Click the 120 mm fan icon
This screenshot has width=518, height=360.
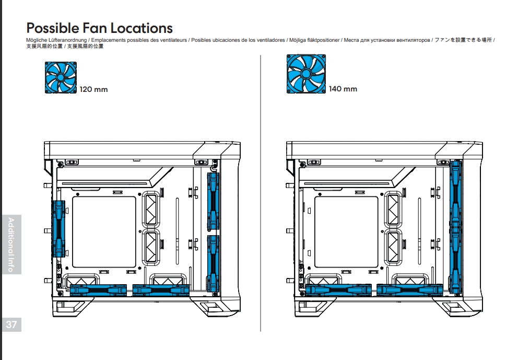tap(61, 77)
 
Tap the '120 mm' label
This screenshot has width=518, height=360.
tap(93, 89)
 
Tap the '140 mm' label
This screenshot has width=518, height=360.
tap(343, 89)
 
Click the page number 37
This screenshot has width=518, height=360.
tap(11, 324)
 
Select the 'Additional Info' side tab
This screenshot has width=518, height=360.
tap(11, 244)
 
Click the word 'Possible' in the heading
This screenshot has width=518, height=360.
tap(52, 28)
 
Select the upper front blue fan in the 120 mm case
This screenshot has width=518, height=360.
tap(213, 202)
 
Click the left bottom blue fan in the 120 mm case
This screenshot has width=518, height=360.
tap(99, 289)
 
